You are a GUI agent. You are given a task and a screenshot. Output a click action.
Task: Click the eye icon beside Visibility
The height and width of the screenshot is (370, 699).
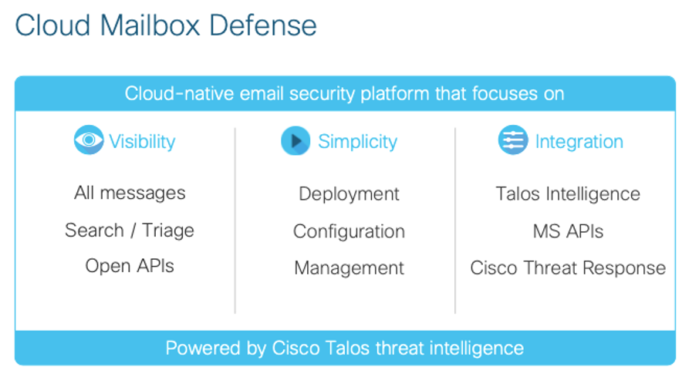click(89, 140)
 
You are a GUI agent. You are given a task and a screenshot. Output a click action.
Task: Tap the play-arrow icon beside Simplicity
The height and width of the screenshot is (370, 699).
click(295, 141)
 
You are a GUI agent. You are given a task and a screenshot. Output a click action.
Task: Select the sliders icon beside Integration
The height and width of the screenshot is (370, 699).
click(513, 140)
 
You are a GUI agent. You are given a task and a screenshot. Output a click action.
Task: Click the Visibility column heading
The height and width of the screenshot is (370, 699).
click(142, 142)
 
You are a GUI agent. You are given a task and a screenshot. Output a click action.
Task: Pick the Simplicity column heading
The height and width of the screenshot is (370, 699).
click(357, 142)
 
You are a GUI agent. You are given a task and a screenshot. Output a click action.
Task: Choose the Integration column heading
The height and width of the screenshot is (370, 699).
click(579, 142)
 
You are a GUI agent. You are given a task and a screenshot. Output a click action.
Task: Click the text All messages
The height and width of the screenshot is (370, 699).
click(130, 193)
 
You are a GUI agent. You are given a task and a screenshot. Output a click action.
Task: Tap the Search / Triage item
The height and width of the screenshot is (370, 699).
click(130, 230)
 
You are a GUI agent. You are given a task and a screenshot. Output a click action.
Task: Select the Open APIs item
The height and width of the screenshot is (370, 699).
click(130, 266)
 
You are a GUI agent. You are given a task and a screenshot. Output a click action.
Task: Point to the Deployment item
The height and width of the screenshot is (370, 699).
click(349, 194)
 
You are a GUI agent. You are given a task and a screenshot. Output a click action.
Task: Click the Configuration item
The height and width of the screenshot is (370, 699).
click(349, 231)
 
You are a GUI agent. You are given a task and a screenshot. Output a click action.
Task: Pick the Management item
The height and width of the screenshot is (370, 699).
click(349, 268)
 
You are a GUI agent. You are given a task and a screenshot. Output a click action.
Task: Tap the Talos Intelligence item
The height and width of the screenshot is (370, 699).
click(568, 194)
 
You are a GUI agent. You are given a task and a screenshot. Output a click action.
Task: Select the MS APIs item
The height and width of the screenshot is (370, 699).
click(569, 231)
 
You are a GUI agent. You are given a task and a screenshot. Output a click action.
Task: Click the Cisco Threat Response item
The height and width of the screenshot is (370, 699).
click(568, 268)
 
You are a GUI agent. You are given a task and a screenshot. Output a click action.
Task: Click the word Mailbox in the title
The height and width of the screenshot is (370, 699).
click(150, 25)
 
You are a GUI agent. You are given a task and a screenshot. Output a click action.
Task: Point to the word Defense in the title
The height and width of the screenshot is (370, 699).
click(262, 25)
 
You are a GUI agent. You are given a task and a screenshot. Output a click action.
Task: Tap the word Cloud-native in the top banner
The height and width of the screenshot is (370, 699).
click(180, 93)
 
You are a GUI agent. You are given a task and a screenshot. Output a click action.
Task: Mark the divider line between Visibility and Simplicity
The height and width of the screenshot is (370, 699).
click(235, 220)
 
